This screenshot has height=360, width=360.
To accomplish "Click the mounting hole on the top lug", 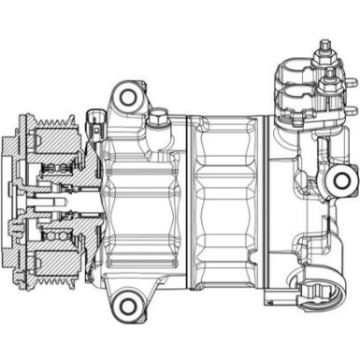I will click(127, 95).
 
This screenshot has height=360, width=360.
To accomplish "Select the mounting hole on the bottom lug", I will click(126, 302).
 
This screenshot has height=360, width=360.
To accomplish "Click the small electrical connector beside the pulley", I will click(93, 122).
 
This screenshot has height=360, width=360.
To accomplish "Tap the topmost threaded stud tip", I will click(324, 44).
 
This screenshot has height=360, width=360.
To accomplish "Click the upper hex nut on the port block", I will click(324, 65).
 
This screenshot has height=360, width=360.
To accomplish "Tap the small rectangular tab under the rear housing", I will click(269, 298).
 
